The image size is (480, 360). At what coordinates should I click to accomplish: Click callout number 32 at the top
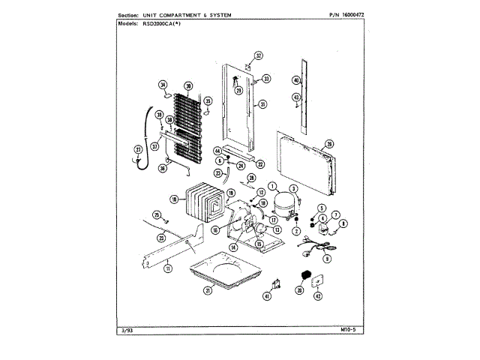point(258,56)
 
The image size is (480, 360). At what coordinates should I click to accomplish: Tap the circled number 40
point(296,80)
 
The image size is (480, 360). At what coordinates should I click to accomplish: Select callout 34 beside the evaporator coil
point(163,85)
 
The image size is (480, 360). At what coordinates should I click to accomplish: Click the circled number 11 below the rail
point(169,268)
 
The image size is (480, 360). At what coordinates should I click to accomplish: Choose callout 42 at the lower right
point(317,296)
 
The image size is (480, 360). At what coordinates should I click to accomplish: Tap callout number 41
point(266,297)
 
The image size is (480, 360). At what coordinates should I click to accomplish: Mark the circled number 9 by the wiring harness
point(327,258)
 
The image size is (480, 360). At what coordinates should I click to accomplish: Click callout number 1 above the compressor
point(272,186)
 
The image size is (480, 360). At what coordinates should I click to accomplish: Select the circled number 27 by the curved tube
point(138,149)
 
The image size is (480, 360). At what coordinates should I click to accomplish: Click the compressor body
point(283,202)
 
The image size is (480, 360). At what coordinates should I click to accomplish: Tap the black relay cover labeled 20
point(305,276)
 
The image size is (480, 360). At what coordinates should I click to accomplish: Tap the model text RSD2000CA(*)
point(161,24)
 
